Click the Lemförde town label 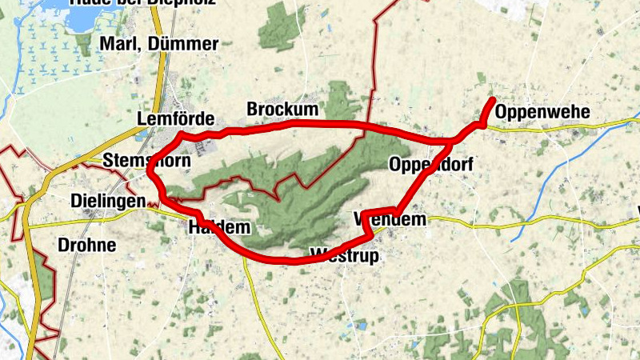(x=176, y=118)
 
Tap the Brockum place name (x=282, y=109)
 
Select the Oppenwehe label (x=542, y=112)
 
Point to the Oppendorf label (x=430, y=165)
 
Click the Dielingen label (x=107, y=200)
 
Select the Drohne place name (x=87, y=245)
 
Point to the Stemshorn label (x=146, y=162)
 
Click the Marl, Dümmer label (x=158, y=44)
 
